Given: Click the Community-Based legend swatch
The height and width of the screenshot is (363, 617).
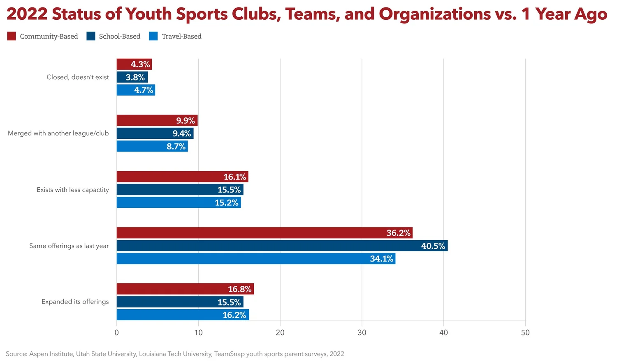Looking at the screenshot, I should (x=12, y=36).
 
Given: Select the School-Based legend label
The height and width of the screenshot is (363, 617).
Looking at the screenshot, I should (x=119, y=36).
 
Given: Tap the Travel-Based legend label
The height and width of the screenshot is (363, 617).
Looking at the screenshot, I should (x=181, y=36).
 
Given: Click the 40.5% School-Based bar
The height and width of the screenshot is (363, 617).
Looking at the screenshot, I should (x=282, y=246).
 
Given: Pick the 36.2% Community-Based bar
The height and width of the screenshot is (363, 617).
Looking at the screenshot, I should (x=264, y=233).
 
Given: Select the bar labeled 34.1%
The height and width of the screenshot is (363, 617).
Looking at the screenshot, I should (x=256, y=259).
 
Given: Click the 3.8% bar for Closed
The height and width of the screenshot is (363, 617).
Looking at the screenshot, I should (x=132, y=77).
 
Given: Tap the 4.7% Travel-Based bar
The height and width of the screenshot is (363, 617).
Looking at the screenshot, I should (x=136, y=90).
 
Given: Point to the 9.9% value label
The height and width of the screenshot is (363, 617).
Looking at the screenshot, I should (x=186, y=121).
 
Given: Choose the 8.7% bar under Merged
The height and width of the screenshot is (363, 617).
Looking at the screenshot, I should (x=152, y=146).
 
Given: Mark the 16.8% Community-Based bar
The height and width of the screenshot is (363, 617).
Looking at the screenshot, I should (x=185, y=289).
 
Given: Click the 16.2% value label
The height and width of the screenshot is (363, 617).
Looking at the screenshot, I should (x=234, y=315).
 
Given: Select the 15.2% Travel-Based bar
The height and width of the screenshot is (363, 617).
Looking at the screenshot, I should (x=179, y=202).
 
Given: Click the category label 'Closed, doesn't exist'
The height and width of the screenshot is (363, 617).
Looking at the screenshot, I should (x=78, y=77).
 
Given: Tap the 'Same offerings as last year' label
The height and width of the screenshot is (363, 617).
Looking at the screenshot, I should (x=69, y=246).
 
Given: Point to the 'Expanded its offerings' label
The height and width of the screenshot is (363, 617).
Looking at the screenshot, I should (x=75, y=301).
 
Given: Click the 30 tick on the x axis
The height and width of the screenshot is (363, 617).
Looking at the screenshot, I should (x=362, y=333).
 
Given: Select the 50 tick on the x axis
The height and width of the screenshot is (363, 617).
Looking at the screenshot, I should (x=525, y=333).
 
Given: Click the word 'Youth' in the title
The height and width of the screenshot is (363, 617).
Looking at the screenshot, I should (x=149, y=14).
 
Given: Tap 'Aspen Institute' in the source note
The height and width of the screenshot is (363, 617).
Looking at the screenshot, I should (x=51, y=354).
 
